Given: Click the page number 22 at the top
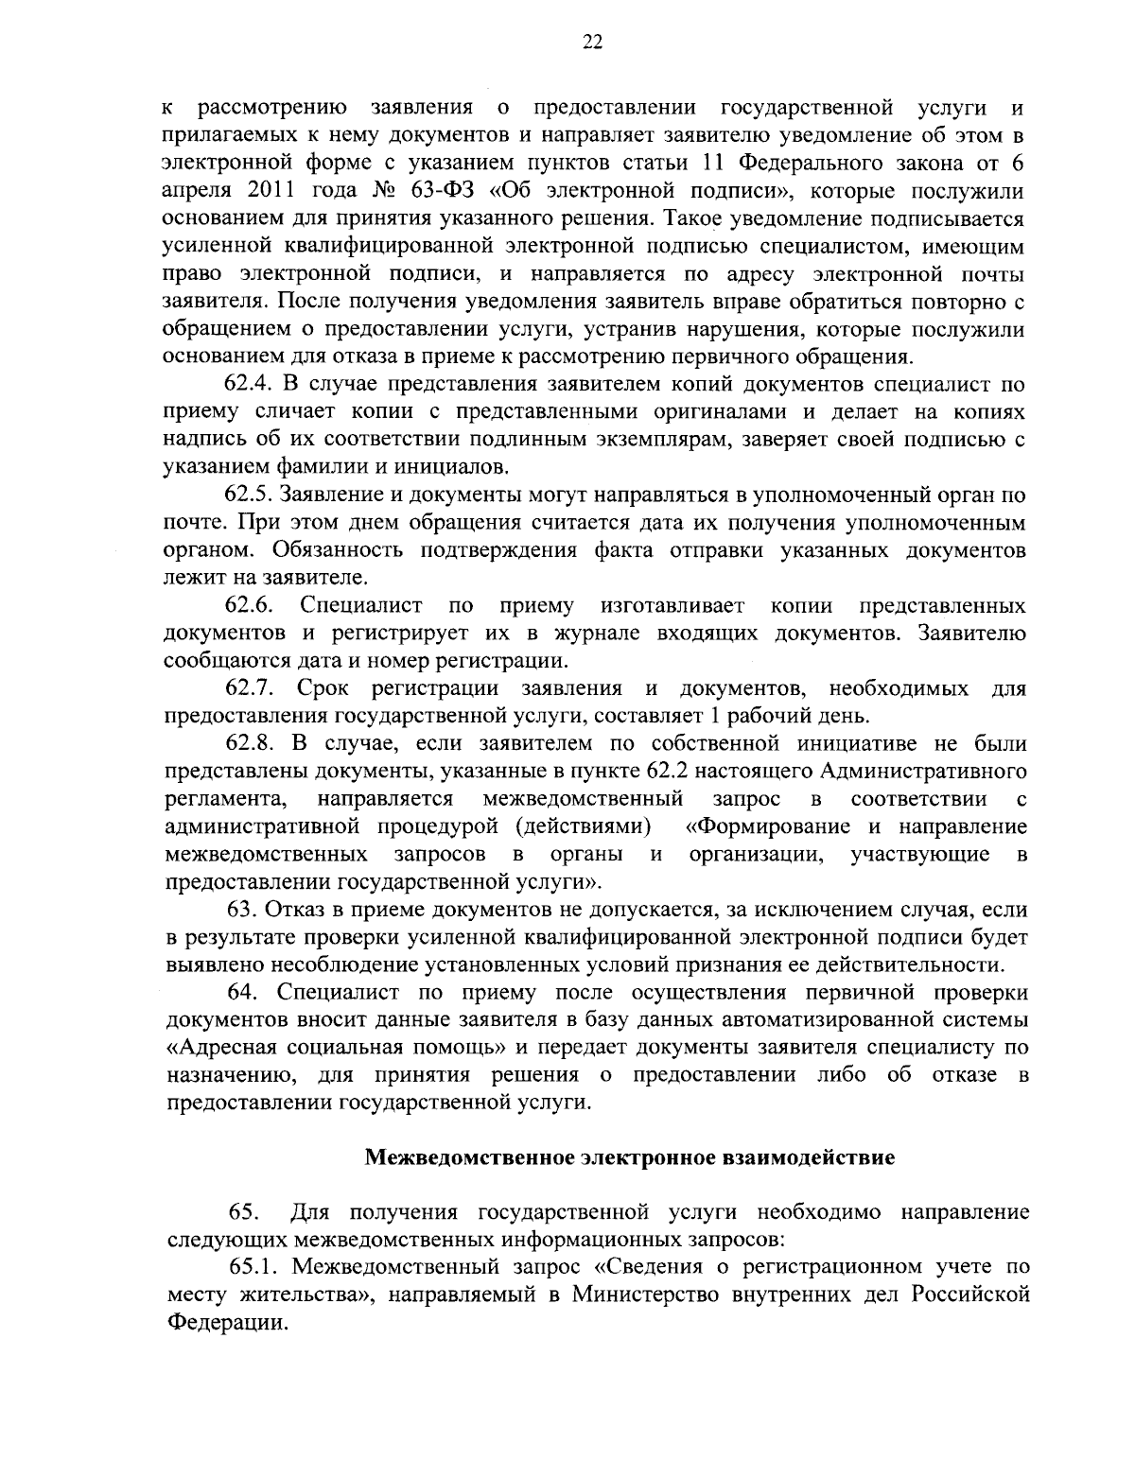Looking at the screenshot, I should tap(593, 42).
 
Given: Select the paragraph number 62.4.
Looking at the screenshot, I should tap(249, 385).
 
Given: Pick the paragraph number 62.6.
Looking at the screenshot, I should tap(249, 604).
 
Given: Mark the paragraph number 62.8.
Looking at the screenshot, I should tap(249, 744).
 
